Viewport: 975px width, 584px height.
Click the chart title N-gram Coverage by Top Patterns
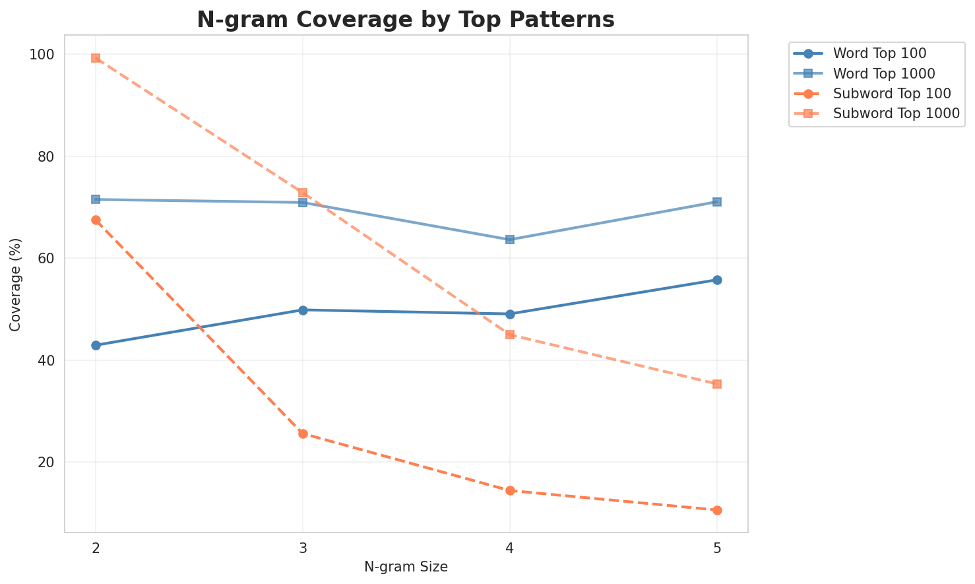tap(406, 19)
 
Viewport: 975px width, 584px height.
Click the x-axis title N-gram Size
tap(406, 567)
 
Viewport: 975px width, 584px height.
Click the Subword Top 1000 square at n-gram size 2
tap(96, 58)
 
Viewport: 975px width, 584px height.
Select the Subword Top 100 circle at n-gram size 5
tap(717, 510)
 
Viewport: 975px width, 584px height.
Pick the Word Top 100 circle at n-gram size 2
tap(96, 345)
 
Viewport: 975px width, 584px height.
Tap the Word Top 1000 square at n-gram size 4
tap(510, 240)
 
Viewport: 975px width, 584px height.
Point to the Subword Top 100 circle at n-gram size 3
tap(303, 434)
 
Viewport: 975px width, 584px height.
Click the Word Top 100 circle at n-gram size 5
tap(717, 280)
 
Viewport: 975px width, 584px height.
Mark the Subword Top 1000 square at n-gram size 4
tap(510, 335)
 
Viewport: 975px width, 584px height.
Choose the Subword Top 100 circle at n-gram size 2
tap(96, 220)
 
